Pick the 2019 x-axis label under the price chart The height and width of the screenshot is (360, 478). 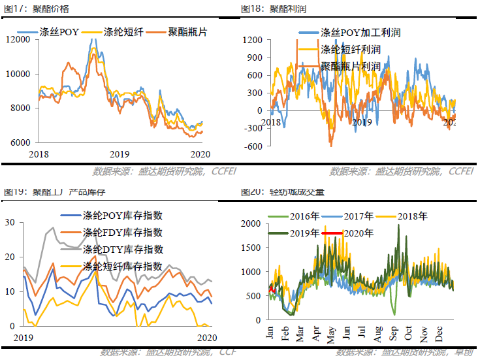(x=119, y=154)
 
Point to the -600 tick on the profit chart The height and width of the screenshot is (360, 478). (x=253, y=146)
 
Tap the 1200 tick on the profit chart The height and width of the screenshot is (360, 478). (x=253, y=40)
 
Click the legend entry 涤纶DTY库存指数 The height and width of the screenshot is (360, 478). (x=123, y=250)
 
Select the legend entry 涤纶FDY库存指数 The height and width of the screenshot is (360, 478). (x=123, y=233)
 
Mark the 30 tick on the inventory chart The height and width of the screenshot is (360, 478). (x=9, y=222)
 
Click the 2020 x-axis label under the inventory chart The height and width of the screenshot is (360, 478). (x=206, y=337)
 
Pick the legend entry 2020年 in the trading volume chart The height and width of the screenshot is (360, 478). (x=358, y=233)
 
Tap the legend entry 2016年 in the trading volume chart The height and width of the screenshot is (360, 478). (x=304, y=216)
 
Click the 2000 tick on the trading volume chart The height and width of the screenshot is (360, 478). (x=251, y=223)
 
